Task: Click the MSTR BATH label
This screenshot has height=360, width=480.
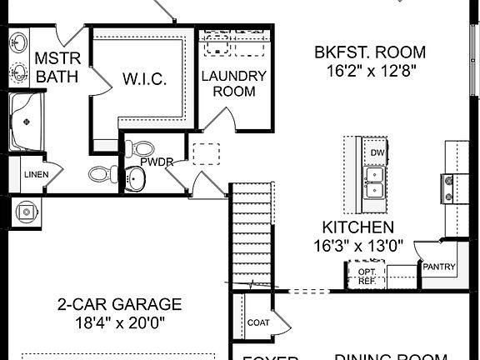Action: click(x=56, y=67)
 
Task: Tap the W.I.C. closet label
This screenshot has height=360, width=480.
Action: click(x=145, y=80)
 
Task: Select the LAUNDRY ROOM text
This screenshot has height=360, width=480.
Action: click(x=234, y=83)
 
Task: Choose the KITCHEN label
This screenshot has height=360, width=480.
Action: click(x=358, y=227)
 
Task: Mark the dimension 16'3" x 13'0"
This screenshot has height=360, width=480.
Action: click(x=358, y=246)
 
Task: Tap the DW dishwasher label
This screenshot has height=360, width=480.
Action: click(x=377, y=153)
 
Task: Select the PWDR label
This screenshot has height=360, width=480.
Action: click(x=156, y=162)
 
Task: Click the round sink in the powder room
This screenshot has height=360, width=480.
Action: click(x=136, y=177)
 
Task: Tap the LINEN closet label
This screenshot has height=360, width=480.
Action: click(x=35, y=175)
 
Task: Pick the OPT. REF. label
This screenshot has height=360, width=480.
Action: click(x=367, y=276)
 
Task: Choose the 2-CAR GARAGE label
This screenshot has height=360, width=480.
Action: click(x=119, y=304)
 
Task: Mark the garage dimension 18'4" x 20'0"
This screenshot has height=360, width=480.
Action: click(x=119, y=322)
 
